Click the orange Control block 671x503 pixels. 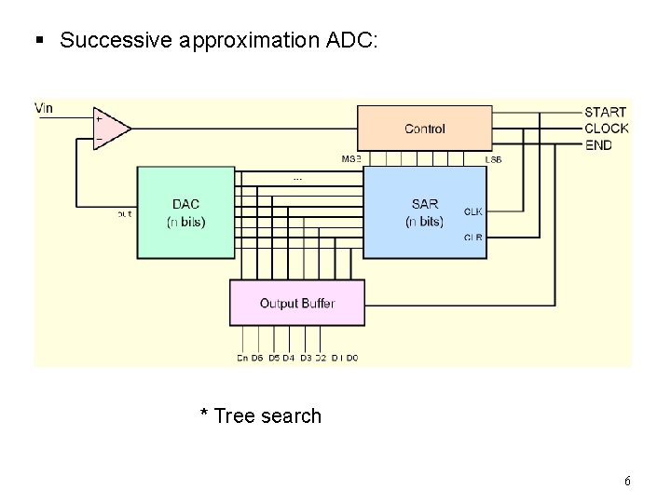[424, 129]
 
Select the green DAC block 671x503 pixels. [185, 212]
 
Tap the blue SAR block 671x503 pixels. [424, 212]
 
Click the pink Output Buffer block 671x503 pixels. [296, 303]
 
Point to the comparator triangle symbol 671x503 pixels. [110, 129]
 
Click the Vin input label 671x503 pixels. [45, 108]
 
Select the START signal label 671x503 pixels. [605, 113]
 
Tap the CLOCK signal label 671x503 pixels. [607, 129]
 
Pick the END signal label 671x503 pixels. [598, 144]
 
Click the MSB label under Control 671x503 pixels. [350, 159]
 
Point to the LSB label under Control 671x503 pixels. [494, 159]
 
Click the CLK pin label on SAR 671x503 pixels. [473, 211]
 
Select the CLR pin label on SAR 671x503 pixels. [473, 238]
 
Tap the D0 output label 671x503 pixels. [351, 358]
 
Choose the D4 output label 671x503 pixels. [288, 358]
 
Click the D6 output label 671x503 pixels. [257, 358]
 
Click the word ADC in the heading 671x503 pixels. [349, 40]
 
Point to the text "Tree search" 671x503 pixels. [267, 416]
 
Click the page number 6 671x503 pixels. [627, 482]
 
